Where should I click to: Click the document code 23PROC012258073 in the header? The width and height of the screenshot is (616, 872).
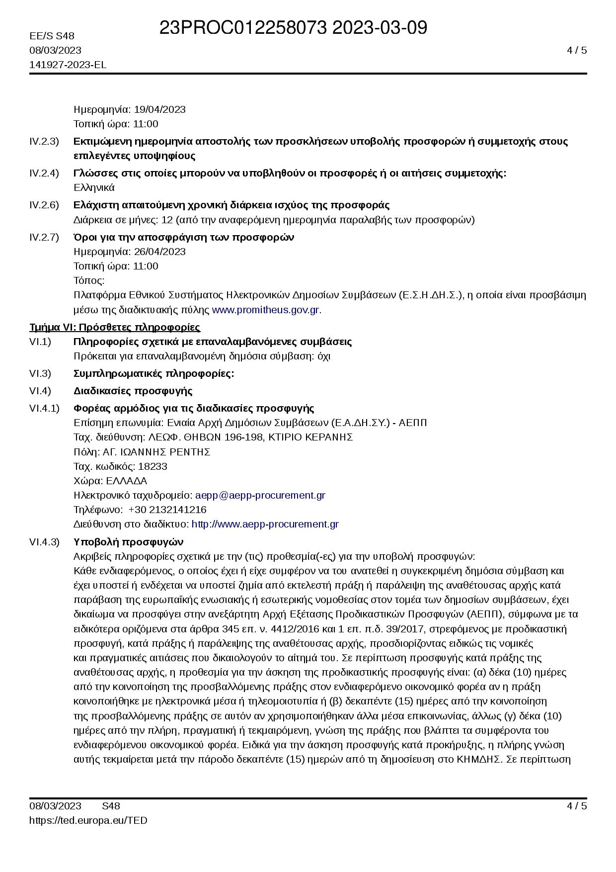click(x=243, y=28)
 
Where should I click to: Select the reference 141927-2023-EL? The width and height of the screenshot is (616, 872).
click(x=68, y=65)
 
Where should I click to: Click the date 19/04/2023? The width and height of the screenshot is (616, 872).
click(x=159, y=109)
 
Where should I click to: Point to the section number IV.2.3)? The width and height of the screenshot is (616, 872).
click(x=44, y=141)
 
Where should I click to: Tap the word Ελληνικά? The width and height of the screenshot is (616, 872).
click(x=94, y=187)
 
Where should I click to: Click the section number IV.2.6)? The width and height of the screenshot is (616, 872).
click(x=44, y=205)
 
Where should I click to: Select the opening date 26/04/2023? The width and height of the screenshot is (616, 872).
click(x=159, y=252)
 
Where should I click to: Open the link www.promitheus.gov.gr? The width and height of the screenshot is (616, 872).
click(x=265, y=310)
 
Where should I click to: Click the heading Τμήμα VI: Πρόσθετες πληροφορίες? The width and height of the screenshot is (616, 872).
click(x=115, y=327)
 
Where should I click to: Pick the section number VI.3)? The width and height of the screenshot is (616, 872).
click(x=40, y=373)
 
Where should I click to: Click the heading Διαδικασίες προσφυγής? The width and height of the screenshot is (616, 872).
click(x=133, y=391)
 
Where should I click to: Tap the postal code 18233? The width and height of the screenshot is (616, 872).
click(x=153, y=466)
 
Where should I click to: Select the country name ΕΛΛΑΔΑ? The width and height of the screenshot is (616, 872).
click(x=127, y=481)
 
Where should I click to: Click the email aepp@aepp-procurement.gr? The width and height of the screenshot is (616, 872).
click(x=260, y=495)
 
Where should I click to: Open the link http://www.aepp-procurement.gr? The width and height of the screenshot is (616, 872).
click(x=265, y=524)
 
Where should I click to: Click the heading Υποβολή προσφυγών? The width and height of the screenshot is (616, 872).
click(x=128, y=541)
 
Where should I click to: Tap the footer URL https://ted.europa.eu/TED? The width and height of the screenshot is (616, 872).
click(x=88, y=820)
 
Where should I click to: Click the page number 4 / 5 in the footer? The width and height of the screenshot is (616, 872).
click(x=577, y=806)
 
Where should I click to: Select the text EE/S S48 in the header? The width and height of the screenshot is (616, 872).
click(x=52, y=36)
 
